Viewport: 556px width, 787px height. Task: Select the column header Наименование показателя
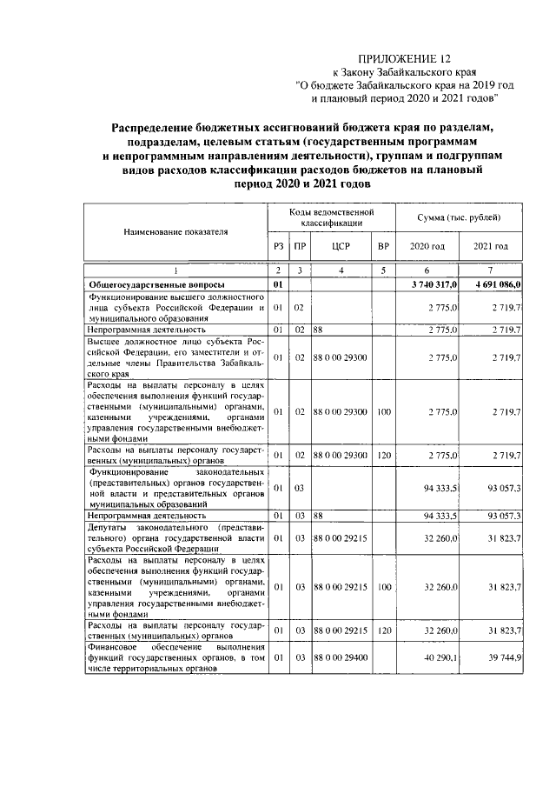click(175, 232)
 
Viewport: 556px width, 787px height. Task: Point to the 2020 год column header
click(427, 247)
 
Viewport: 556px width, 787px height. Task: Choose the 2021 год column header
click(491, 247)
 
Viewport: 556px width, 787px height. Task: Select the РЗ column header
click(278, 247)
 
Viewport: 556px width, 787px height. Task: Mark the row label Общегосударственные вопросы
click(156, 284)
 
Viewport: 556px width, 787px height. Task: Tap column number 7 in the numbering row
click(491, 271)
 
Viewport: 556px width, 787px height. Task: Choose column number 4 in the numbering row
click(340, 271)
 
